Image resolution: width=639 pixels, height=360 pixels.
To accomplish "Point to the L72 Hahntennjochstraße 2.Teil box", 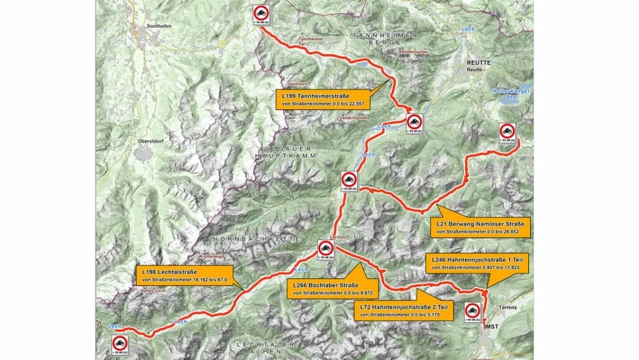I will (x=406, y=311).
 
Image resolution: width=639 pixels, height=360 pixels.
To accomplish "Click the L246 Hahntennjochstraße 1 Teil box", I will (x=473, y=262).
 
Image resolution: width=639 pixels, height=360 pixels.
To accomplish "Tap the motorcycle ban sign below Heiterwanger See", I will (x=507, y=133).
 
